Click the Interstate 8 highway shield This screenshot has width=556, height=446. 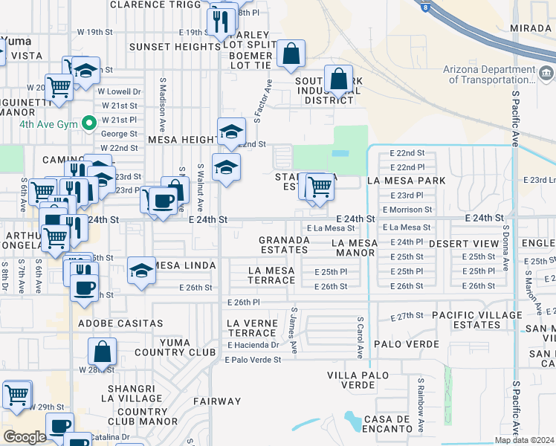click(424, 6)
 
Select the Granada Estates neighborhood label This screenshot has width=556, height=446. click(284, 245)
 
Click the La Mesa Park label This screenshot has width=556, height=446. click(406, 181)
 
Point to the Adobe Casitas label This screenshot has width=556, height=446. click(120, 323)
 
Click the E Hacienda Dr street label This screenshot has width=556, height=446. click(253, 344)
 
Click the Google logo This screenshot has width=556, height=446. click(25, 436)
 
